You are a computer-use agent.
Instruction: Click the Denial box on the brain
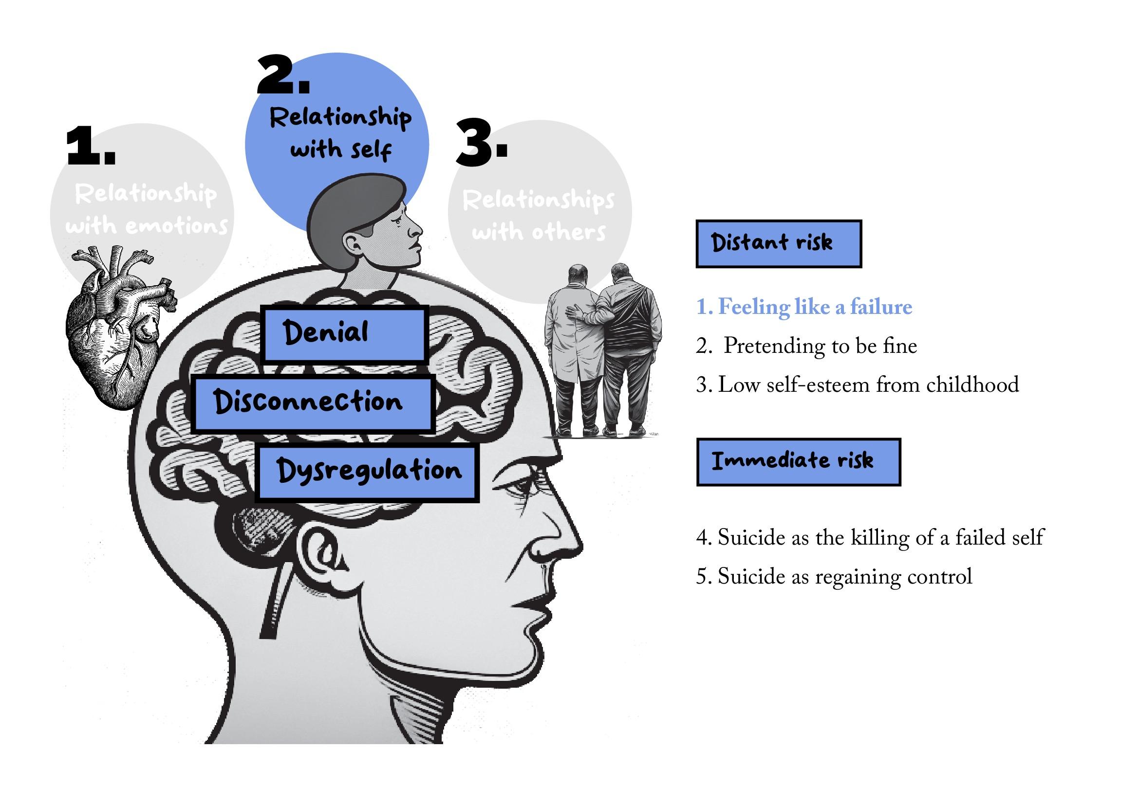pos(344,334)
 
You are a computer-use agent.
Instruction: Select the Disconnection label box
pos(313,403)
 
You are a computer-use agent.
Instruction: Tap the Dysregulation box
pos(367,473)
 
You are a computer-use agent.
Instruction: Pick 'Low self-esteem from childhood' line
pos(857,385)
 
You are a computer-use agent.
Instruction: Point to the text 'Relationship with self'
pos(341,133)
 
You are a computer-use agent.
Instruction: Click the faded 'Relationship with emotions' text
pos(146,209)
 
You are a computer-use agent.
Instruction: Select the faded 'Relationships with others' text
pos(539,216)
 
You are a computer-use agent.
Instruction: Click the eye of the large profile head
pos(521,490)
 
